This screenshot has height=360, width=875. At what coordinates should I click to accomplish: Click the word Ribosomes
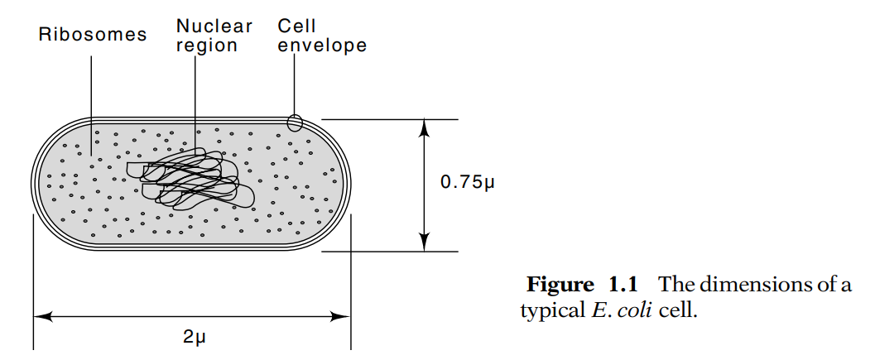(93, 35)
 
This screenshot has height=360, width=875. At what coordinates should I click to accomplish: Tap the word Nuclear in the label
(214, 26)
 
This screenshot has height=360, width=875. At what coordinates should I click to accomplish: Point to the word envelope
(322, 46)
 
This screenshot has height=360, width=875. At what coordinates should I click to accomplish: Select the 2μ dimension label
(193, 338)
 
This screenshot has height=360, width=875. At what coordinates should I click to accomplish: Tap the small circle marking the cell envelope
(295, 122)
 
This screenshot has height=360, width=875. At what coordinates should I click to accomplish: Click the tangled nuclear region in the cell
(191, 180)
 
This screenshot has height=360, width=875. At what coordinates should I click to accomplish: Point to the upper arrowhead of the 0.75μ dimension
(425, 127)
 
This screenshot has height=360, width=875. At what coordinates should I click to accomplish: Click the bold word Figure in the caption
(559, 286)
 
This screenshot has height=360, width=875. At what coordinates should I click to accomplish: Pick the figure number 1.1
(623, 286)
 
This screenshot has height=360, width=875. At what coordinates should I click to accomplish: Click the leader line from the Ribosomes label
(91, 99)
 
